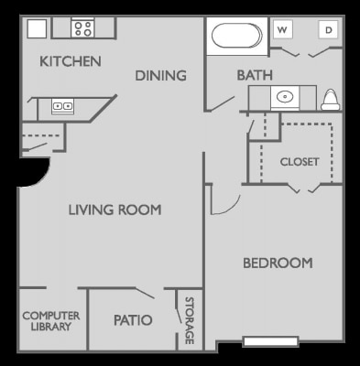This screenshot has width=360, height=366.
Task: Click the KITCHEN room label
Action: click(x=70, y=62)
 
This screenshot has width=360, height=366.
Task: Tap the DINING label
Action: click(x=160, y=76)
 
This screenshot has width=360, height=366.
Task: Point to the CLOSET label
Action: click(x=299, y=162)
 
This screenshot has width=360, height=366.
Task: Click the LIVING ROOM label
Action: click(x=115, y=210)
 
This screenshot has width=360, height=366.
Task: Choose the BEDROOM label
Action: click(x=277, y=264)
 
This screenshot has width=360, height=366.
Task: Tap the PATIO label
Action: click(x=133, y=320)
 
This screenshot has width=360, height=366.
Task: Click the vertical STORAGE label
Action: click(x=190, y=320)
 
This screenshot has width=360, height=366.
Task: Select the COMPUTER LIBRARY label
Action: click(x=50, y=320)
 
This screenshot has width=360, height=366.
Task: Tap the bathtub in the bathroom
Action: click(x=237, y=38)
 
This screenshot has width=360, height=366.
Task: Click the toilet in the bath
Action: click(x=332, y=98)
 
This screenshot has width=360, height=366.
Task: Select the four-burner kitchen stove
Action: click(x=82, y=28)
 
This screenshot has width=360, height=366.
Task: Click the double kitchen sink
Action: click(x=62, y=107)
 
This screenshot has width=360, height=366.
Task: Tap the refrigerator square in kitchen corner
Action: click(x=36, y=28)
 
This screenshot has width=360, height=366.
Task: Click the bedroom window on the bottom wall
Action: click(x=270, y=342)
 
